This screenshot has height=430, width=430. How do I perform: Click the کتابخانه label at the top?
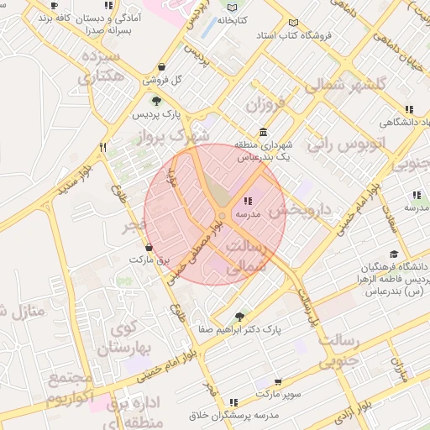click(x=234, y=19)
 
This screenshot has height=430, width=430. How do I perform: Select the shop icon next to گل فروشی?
click(x=161, y=67)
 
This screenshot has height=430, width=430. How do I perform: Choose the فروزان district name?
click(x=267, y=105)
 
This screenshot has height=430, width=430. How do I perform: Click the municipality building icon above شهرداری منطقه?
click(x=264, y=132)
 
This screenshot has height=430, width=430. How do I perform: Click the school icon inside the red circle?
click(x=247, y=201)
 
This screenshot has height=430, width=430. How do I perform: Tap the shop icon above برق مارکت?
click(x=149, y=248)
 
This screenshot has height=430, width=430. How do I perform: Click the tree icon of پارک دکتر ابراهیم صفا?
click(x=240, y=317)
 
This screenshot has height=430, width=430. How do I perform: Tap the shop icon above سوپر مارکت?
click(x=278, y=381)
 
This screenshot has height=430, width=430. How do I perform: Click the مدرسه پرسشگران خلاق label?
click(x=233, y=416)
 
